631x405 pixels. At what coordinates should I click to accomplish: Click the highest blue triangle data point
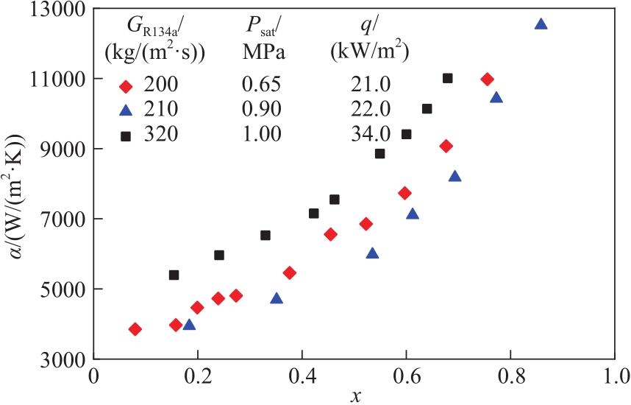coord(541,24)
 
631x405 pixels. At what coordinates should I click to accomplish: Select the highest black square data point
coord(447,78)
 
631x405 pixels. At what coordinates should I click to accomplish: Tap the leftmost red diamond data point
coord(135,329)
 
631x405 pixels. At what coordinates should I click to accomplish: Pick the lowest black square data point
coord(174,275)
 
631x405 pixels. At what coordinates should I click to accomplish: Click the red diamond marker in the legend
coord(126,87)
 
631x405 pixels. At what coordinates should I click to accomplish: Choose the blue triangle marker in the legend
coord(126,111)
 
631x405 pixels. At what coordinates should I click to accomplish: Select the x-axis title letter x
coord(355,397)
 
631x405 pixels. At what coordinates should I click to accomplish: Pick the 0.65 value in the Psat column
coord(263,87)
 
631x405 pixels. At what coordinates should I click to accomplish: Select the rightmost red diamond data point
coord(487,80)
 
